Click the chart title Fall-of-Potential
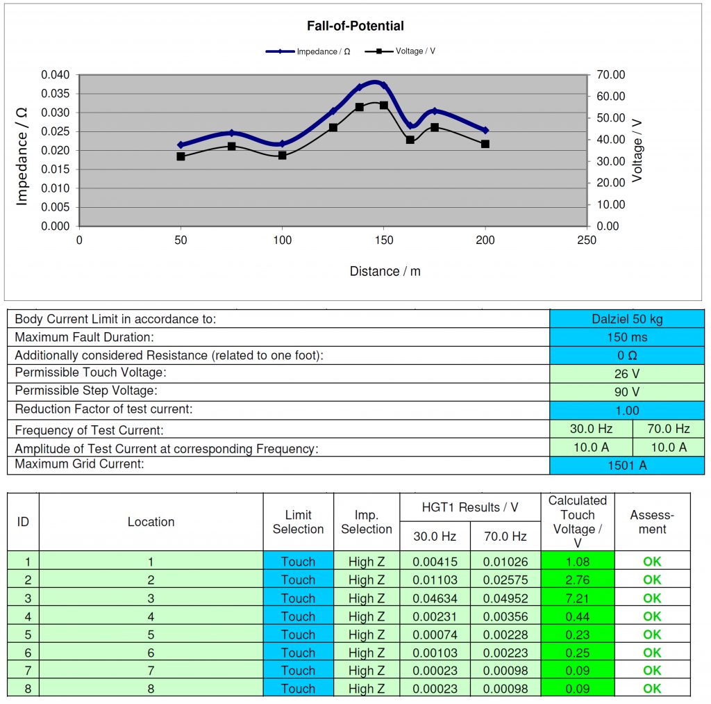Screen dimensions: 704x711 point(355,26)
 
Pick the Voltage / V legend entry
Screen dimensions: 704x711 point(415,51)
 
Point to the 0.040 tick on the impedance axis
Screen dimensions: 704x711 point(56,75)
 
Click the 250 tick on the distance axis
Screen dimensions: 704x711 point(587,240)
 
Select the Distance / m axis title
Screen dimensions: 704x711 point(385,271)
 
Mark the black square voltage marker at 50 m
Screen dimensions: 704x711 point(181,156)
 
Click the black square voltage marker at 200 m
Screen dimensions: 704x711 point(485,144)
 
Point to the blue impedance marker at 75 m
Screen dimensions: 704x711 point(232,133)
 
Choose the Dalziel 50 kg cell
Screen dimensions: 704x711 point(626,319)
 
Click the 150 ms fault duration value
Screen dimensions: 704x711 point(626,337)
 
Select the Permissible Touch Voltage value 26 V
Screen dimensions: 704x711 point(626,374)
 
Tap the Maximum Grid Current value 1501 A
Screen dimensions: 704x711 point(626,465)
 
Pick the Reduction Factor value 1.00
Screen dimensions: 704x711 point(626,410)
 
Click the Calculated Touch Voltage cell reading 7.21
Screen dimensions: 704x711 point(578,598)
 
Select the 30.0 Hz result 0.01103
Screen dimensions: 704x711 point(435,580)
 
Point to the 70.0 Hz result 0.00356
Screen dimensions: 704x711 point(505,616)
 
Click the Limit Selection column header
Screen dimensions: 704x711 point(298,522)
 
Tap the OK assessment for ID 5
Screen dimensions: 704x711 point(652,635)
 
